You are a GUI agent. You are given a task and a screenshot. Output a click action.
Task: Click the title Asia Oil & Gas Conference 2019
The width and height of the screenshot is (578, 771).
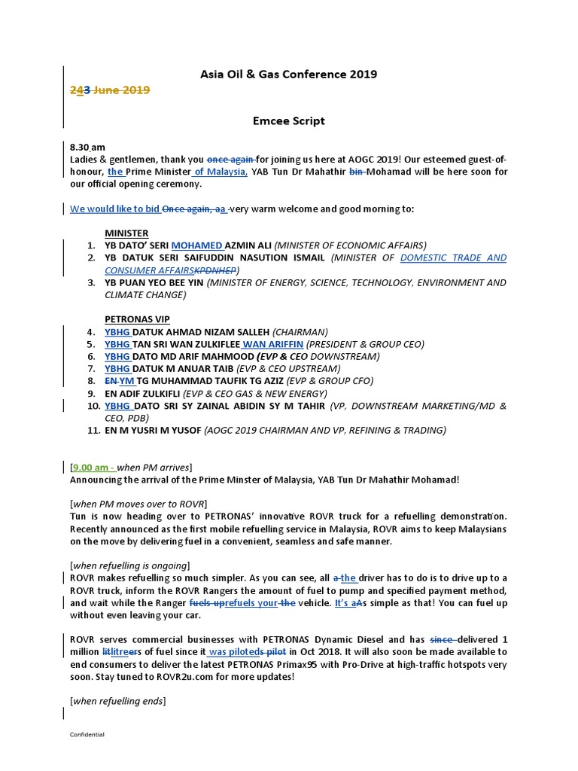(288, 74)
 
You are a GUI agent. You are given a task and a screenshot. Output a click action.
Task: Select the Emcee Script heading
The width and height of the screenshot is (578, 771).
(288, 120)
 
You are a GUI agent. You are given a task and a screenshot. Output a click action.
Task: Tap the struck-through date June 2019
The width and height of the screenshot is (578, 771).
(121, 90)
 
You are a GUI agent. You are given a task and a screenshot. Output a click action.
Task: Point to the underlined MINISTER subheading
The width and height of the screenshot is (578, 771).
(126, 233)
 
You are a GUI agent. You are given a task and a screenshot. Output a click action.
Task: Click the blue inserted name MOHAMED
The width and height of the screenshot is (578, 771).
(197, 245)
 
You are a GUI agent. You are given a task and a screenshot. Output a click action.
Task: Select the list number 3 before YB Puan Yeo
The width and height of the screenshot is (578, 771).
(90, 283)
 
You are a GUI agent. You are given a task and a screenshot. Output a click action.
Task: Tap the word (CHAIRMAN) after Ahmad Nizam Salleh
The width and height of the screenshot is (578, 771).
(300, 332)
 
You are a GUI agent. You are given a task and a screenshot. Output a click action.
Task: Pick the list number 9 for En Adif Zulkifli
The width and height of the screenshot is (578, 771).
(90, 393)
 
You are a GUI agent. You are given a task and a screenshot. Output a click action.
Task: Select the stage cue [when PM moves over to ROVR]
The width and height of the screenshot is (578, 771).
(138, 503)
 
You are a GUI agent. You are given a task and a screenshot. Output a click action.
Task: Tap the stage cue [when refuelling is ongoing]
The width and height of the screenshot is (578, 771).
(130, 565)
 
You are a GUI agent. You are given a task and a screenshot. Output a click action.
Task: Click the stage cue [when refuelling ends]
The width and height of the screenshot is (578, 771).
(117, 701)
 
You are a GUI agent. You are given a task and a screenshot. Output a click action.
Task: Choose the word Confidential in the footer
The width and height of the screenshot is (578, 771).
(87, 734)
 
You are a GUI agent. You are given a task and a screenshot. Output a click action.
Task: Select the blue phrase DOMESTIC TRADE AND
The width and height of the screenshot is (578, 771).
(453, 258)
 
